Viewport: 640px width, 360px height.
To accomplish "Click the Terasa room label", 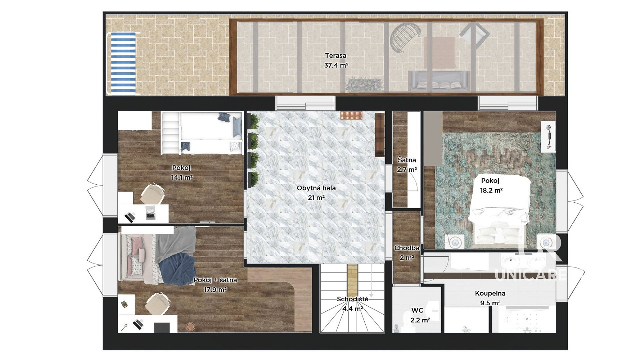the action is click(335, 55).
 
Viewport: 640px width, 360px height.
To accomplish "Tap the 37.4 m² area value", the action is click(336, 65).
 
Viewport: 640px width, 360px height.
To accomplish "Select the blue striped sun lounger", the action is click(123, 64).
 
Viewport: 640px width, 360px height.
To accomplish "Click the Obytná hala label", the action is click(316, 188).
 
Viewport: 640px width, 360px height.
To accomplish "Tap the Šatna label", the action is click(407, 160).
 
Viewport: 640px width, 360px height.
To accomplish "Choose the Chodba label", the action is click(407, 248).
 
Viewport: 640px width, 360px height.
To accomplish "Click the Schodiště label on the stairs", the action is click(352, 299).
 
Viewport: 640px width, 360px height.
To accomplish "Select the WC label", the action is click(417, 310).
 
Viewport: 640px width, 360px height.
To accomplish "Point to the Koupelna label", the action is click(490, 293).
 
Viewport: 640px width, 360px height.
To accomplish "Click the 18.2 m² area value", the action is click(491, 190).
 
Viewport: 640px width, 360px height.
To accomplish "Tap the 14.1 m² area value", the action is click(182, 177).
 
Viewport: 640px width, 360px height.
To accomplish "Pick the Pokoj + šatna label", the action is click(215, 280).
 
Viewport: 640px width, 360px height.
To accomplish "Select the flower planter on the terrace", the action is click(364, 84).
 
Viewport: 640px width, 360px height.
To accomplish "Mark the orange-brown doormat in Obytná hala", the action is click(351, 115).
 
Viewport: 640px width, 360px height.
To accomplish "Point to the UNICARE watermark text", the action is click(531, 275).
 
